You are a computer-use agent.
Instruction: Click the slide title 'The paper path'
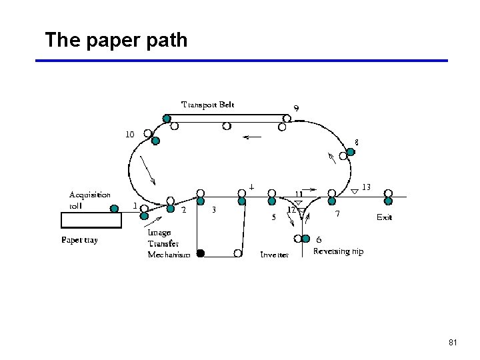coord(116,40)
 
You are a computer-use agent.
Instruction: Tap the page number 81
coord(453,343)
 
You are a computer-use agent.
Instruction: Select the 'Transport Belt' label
coord(208,105)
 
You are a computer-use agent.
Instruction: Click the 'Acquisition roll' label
coord(90,200)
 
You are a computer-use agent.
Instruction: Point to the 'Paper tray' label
coord(79,240)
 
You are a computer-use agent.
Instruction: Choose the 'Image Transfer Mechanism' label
coord(169,243)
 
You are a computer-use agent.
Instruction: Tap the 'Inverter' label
coord(274,255)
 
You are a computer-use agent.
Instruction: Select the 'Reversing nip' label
coord(338,251)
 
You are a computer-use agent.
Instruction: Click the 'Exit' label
coord(385,217)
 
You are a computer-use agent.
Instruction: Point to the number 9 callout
coord(296,108)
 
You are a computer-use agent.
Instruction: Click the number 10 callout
coord(130,134)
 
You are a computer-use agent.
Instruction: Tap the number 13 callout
coord(366,186)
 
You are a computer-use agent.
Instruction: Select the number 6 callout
coord(319,239)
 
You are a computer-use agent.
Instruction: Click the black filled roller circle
coord(200,253)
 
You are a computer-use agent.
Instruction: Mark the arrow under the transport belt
coord(251,138)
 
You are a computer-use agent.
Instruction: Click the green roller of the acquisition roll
coord(115,209)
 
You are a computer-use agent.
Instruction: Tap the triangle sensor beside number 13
coord(355,191)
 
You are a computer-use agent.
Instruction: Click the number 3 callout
coord(213,210)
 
